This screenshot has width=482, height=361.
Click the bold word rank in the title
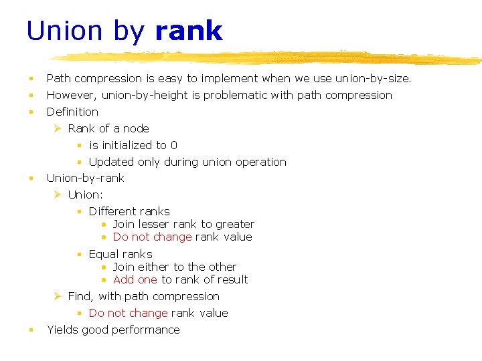[x=188, y=31]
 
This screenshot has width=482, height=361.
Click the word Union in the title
[x=64, y=31]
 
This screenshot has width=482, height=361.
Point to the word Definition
[x=72, y=112]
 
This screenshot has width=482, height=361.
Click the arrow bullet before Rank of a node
[x=58, y=128]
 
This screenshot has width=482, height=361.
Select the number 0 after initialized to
[x=174, y=145]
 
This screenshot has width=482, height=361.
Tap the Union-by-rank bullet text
[x=85, y=178]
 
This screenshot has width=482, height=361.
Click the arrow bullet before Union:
[x=58, y=195]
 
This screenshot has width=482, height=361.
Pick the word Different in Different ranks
[x=112, y=211]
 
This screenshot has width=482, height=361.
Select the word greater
[x=235, y=224]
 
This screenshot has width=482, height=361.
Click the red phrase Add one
[x=135, y=279]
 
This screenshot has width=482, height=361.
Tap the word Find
[x=81, y=296]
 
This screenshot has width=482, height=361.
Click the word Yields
[x=62, y=330]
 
